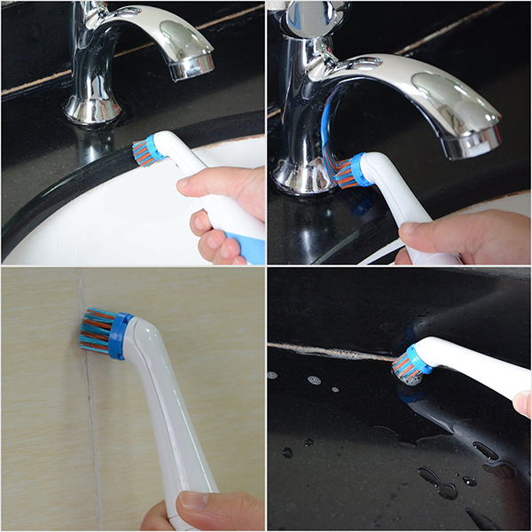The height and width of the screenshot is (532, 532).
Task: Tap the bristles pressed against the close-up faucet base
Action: point(341,173)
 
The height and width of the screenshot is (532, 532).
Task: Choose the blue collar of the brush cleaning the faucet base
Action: point(358,168)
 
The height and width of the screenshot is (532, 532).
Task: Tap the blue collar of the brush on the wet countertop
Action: point(418,358)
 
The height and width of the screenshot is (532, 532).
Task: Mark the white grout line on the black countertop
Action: point(328,351)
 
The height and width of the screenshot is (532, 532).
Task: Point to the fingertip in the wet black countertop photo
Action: point(522,404)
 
